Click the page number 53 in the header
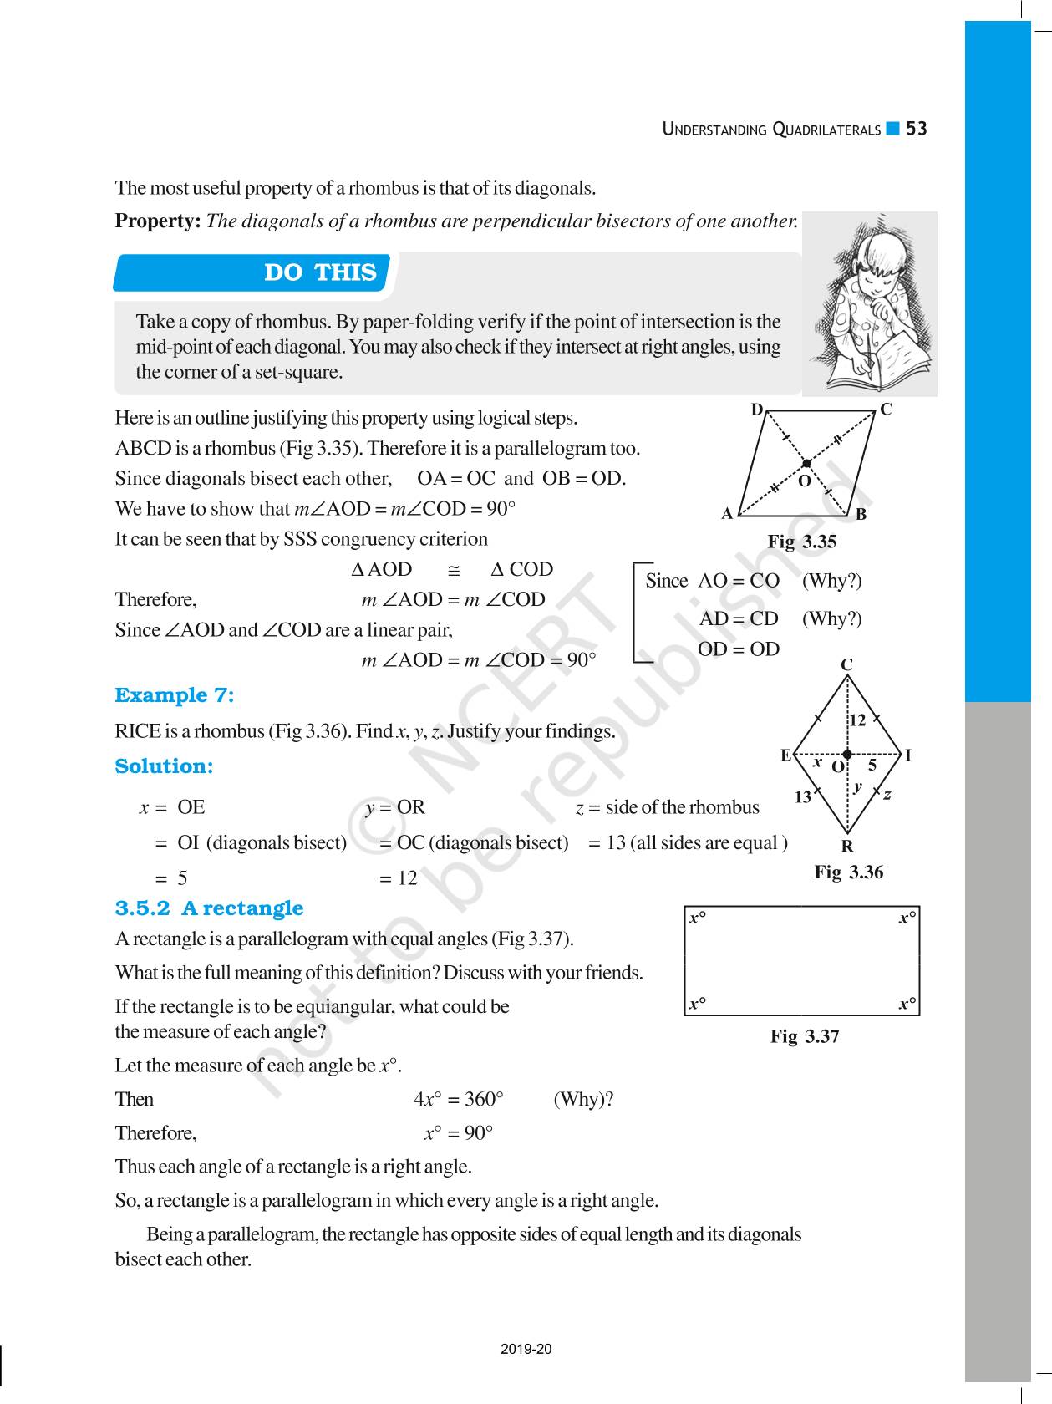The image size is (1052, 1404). tap(917, 129)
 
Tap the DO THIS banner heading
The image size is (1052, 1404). tap(320, 272)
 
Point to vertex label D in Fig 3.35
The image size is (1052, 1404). tap(757, 409)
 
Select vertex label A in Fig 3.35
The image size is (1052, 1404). tap(727, 514)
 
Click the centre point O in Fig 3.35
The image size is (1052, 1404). tap(806, 463)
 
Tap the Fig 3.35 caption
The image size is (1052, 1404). tap(801, 542)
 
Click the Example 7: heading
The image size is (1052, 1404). tap(174, 695)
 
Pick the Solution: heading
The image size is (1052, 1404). tap(164, 766)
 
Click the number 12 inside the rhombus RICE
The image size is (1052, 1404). tap(857, 720)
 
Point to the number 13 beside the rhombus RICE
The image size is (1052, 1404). tap(803, 797)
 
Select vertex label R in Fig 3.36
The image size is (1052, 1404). tap(847, 847)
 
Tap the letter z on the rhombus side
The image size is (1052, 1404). tap(887, 795)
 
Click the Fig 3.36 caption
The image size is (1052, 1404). tap(848, 872)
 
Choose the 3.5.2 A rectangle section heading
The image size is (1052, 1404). tap(209, 908)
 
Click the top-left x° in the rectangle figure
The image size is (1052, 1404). tap(697, 918)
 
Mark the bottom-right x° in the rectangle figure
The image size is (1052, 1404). tap(907, 1004)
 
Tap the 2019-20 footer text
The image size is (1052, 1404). tap(526, 1349)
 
